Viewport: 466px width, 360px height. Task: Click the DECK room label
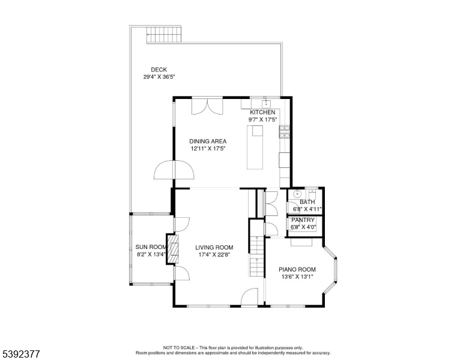click(x=159, y=70)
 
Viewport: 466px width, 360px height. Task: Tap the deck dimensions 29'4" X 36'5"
click(x=159, y=77)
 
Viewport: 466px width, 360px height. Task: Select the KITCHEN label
click(x=262, y=113)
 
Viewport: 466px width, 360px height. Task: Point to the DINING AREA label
click(x=208, y=142)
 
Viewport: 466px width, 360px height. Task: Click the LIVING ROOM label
click(x=214, y=247)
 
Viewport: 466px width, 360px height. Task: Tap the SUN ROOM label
click(x=151, y=247)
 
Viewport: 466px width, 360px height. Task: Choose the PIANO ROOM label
click(x=297, y=270)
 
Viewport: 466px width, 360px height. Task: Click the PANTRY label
click(x=303, y=220)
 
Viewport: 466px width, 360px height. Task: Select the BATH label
click(x=307, y=202)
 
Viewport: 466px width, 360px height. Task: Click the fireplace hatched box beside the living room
click(x=172, y=249)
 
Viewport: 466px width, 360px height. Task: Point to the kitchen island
click(x=255, y=148)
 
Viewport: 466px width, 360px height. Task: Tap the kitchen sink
click(x=265, y=104)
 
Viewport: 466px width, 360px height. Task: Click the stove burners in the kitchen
click(x=284, y=132)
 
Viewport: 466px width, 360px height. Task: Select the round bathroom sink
click(x=297, y=194)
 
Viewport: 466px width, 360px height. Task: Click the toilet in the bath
click(x=312, y=194)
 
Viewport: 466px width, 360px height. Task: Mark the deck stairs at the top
click(x=164, y=35)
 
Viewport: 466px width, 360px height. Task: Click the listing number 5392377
click(x=21, y=354)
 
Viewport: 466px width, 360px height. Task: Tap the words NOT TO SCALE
click(x=178, y=348)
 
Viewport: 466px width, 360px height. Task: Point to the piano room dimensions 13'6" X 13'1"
click(x=297, y=277)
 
